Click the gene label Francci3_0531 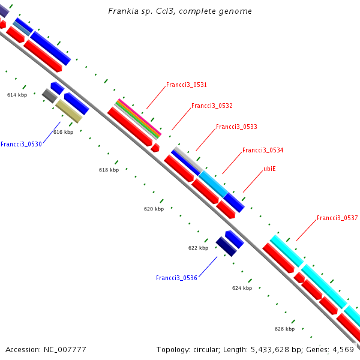pos(186,85)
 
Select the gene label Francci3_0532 pos(211,106)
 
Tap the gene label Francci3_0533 pos(236,127)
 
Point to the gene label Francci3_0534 pos(263,151)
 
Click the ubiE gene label pos(269,169)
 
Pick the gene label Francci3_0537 pos(337,218)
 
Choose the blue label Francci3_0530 pos(21,144)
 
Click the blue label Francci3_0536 pos(176,278)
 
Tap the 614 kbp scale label pos(17,95)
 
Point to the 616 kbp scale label pos(63,132)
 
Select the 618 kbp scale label pos(109,170)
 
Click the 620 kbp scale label pos(154,209)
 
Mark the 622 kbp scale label pos(198,248)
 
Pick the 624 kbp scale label pos(242,289)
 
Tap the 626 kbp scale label pos(284,329)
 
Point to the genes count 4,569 pos(344,349)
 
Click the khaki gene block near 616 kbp pos(68,112)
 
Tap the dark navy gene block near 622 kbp pos(226,247)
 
